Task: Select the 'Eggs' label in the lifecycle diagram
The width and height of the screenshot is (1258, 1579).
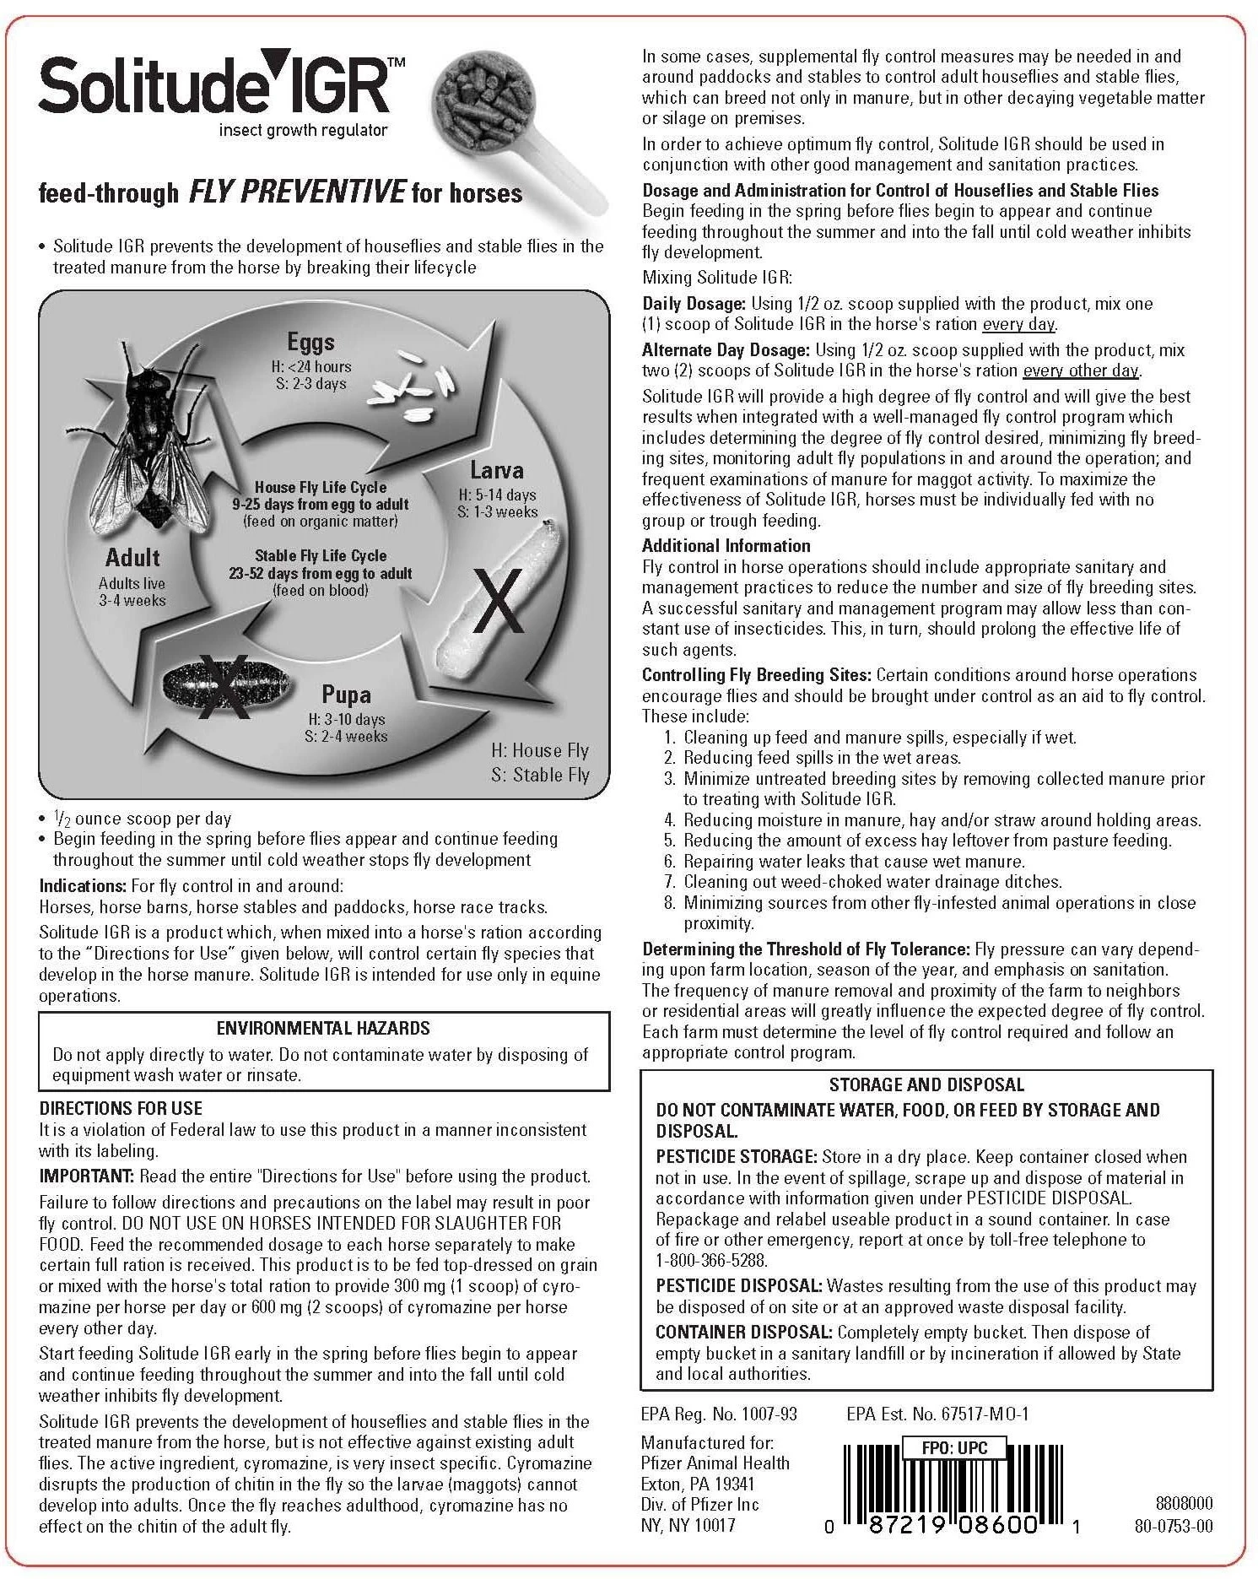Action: pos(310,342)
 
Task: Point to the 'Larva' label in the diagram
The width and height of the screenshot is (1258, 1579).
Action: pos(497,470)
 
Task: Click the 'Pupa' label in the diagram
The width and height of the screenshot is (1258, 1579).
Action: pos(346,695)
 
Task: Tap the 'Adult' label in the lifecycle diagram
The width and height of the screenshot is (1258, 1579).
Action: pos(132,558)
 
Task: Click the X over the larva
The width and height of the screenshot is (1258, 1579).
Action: pos(498,601)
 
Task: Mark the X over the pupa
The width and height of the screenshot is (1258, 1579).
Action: pos(224,687)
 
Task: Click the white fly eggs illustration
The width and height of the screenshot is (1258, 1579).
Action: pos(413,385)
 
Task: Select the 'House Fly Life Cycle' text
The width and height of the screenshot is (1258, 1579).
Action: pos(321,488)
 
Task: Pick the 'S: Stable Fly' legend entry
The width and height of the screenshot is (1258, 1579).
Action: pos(540,775)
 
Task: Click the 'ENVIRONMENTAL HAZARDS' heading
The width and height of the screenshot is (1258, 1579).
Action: pos(323,1028)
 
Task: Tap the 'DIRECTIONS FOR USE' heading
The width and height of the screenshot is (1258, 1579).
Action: pos(121,1108)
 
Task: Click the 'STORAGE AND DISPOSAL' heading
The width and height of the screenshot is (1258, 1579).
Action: pos(926,1084)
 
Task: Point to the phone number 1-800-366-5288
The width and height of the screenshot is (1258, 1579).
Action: pos(712,1261)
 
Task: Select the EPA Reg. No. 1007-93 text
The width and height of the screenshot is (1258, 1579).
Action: pos(719,1414)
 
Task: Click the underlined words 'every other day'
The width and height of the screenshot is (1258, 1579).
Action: pos(1080,371)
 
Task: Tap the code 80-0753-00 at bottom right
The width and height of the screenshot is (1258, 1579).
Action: pos(1174,1525)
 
